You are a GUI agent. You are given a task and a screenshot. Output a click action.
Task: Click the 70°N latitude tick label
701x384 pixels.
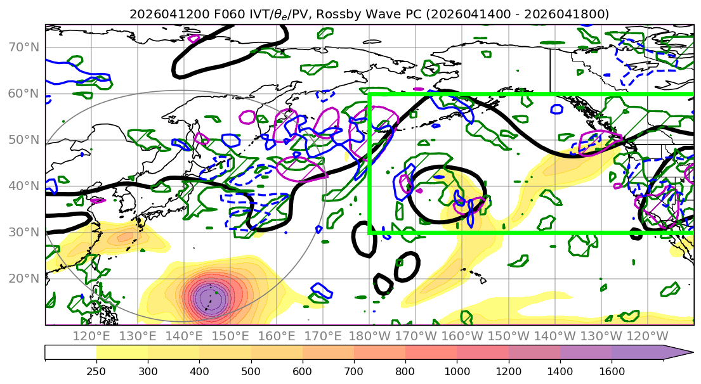[23, 48]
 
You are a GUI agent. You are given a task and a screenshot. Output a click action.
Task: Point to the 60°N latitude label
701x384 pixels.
[23, 94]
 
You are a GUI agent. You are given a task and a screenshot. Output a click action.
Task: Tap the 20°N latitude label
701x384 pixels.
[23, 279]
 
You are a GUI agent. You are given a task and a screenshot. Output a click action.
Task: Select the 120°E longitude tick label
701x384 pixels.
[91, 336]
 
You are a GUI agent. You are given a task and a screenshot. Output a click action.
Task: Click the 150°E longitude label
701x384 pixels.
[230, 336]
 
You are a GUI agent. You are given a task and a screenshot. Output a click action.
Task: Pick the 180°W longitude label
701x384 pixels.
[370, 336]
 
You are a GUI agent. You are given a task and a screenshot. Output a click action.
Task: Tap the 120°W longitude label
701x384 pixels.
[647, 336]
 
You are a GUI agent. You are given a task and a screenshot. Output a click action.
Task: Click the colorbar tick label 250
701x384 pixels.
[96, 371]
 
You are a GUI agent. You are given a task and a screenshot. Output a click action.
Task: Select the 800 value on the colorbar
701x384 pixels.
[405, 371]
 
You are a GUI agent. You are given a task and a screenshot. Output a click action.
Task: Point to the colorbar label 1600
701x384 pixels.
[612, 371]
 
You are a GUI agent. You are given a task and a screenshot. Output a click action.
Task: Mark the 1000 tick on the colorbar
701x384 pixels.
[457, 371]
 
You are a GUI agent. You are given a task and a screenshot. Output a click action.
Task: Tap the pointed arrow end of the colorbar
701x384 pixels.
[692, 352]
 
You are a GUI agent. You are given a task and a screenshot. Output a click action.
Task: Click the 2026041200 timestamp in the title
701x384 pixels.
[169, 15]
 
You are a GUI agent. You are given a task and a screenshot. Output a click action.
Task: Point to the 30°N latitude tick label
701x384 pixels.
[23, 232]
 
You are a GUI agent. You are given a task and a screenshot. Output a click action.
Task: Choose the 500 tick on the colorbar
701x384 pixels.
[251, 371]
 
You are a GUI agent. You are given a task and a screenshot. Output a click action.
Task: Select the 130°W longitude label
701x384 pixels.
[601, 336]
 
